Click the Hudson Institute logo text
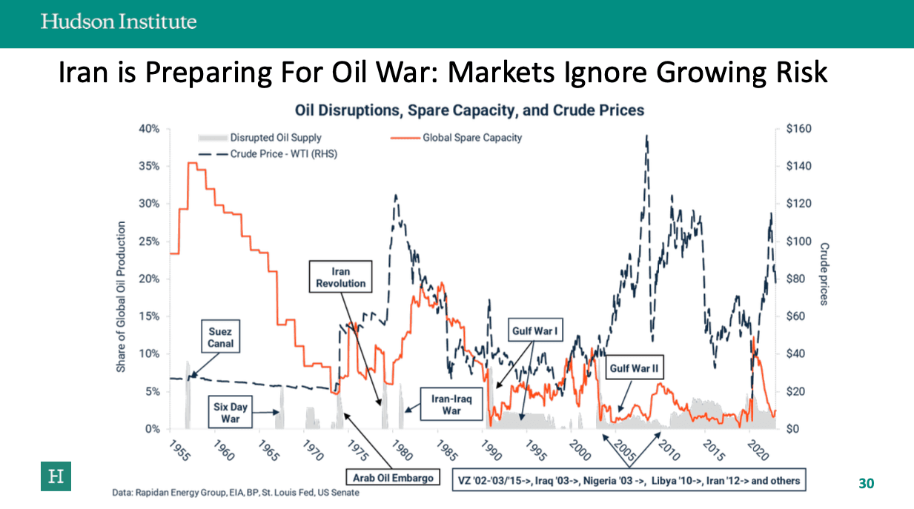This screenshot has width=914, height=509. pos(119,21)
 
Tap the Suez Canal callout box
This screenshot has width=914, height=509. pos(220,338)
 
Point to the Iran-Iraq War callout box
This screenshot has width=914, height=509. pos(451,405)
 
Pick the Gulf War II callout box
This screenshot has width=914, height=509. pos(635,368)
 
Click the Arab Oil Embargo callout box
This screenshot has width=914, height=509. pos(393,478)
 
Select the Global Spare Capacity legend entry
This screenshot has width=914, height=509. pos(457,138)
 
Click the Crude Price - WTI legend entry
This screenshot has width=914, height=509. pos(268,154)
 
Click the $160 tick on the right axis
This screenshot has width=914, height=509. pos(798,129)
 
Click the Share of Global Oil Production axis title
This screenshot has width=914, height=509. pos(122,296)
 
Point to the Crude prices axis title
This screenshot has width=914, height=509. pos(824,273)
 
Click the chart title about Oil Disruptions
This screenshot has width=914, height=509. pos(469,110)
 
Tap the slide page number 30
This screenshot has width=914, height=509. pos(866,484)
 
